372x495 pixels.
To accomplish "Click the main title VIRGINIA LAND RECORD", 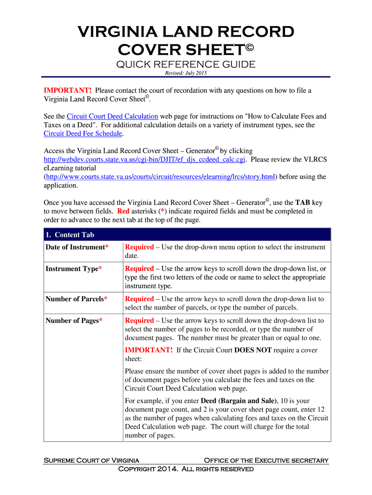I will tap(186, 32).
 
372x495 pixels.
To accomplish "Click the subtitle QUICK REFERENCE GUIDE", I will tap(186, 65).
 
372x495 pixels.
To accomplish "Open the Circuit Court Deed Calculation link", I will tap(113, 116).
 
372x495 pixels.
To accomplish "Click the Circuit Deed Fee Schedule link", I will tap(83, 133).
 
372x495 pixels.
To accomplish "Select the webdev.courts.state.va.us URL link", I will tap(145, 160).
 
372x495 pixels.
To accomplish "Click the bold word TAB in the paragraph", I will tap(303, 203).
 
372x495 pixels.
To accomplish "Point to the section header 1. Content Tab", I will tap(70, 235).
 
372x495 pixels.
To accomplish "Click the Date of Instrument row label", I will tap(77, 247).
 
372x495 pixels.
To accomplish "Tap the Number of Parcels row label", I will tap(76, 299).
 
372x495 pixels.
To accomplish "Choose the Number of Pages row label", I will tap(73, 320).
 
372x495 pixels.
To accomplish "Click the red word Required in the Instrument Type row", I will tap(139, 268).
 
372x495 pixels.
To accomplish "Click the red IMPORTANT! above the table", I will tap(68, 90).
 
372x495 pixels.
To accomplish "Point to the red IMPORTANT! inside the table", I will tap(148, 350).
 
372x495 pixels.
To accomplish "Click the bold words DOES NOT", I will tap(255, 350).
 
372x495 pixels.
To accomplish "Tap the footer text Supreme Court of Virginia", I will tap(92, 460).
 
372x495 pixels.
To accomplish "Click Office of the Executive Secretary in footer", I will tap(266, 460).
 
